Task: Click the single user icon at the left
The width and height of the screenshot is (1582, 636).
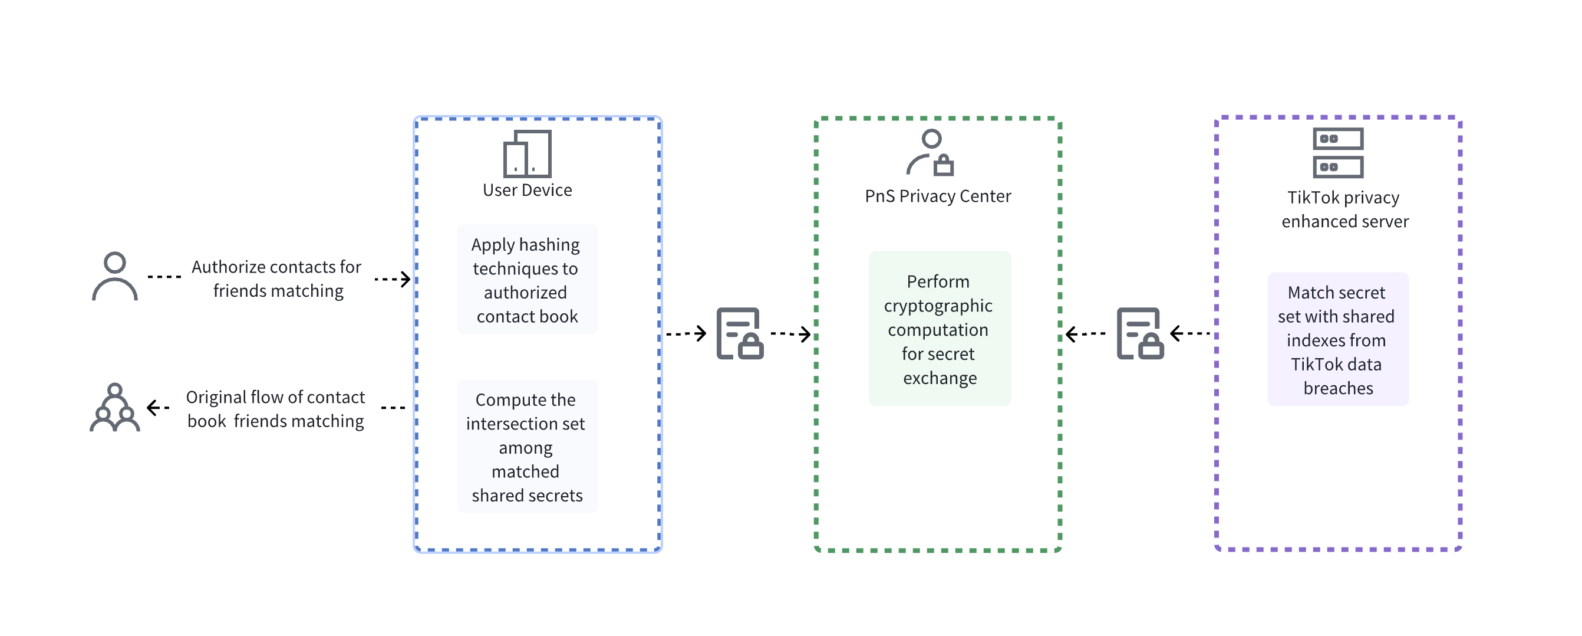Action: pyautogui.click(x=115, y=276)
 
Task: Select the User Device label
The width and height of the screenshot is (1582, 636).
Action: pyautogui.click(x=527, y=190)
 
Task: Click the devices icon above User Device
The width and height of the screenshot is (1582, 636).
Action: pyautogui.click(x=527, y=153)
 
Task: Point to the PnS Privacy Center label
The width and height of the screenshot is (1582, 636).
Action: pyautogui.click(x=937, y=196)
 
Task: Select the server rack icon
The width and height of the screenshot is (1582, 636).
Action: pyautogui.click(x=1337, y=152)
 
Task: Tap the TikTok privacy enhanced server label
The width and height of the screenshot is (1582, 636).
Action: pyautogui.click(x=1344, y=209)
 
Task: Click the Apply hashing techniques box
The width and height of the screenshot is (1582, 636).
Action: pyautogui.click(x=527, y=280)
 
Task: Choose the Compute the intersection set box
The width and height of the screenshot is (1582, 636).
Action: pyautogui.click(x=527, y=447)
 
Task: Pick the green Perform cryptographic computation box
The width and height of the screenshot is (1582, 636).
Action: pyautogui.click(x=939, y=329)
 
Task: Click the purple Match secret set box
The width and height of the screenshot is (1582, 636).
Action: pyautogui.click(x=1337, y=339)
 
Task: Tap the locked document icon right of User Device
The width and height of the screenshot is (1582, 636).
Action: pyautogui.click(x=739, y=334)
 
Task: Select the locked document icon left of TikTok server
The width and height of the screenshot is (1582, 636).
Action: pyautogui.click(x=1140, y=334)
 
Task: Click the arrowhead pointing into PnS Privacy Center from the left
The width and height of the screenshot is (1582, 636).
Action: pyautogui.click(x=806, y=335)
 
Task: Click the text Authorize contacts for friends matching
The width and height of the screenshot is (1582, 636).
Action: pyautogui.click(x=277, y=278)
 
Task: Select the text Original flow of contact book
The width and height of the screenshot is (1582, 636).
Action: pyautogui.click(x=276, y=409)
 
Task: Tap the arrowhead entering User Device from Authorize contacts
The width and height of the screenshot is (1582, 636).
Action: pyautogui.click(x=406, y=279)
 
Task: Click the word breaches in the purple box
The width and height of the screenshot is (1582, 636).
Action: pyautogui.click(x=1337, y=388)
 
